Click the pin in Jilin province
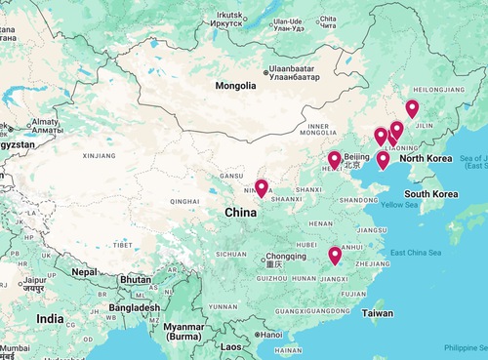(x=412, y=109)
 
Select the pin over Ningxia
(x=262, y=187)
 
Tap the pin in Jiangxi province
(x=335, y=256)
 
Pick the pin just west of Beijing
(x=334, y=160)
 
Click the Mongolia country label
(x=236, y=86)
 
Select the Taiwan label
(x=378, y=313)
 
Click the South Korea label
(x=431, y=194)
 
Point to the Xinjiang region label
(x=100, y=154)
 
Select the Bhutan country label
(x=134, y=279)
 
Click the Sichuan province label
(x=231, y=253)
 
